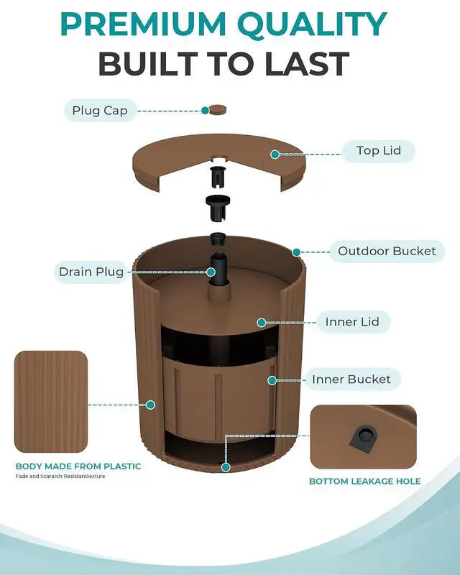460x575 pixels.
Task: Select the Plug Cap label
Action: [100, 111]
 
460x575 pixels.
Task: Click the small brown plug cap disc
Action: [218, 109]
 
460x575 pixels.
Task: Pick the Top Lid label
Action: [379, 151]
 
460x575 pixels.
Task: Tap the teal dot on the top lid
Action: [275, 155]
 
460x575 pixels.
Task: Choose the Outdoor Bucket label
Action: [387, 251]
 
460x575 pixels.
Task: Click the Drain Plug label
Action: [91, 272]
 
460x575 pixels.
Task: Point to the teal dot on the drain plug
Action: [211, 272]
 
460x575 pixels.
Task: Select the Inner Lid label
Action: [352, 322]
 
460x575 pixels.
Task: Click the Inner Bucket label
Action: [351, 379]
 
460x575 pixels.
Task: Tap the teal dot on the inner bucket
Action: [272, 380]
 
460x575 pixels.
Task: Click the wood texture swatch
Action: [51, 402]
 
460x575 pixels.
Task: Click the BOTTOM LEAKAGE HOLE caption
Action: [365, 481]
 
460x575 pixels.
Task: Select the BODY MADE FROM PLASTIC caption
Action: [78, 466]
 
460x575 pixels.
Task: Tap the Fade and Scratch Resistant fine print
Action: [60, 477]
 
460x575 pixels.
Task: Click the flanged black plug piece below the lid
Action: [218, 208]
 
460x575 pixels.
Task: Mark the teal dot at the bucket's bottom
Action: [226, 467]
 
